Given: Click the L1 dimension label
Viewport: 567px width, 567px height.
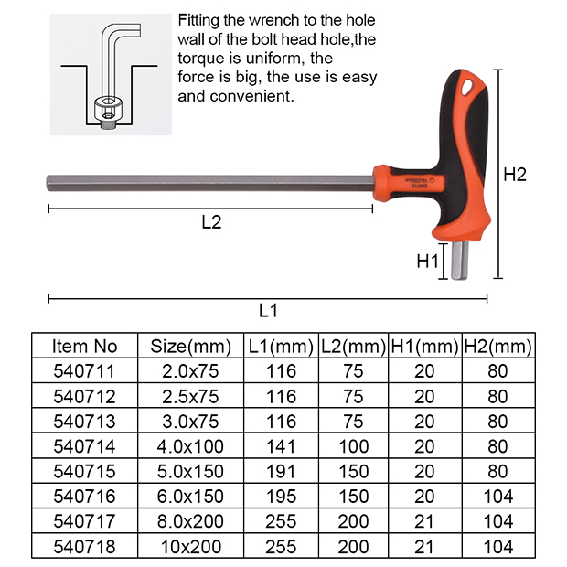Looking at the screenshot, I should [267, 310].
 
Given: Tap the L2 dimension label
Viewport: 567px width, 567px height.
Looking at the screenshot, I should [211, 221].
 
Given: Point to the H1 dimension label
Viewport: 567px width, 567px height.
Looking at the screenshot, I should [429, 262].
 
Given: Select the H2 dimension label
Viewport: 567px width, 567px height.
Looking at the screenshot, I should [516, 175].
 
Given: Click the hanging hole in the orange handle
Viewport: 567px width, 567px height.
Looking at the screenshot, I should [470, 88].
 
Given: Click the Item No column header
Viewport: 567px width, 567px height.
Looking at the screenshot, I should [85, 347].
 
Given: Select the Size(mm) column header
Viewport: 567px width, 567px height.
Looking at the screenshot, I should [190, 347].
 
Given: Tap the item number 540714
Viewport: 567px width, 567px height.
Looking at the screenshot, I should [85, 448].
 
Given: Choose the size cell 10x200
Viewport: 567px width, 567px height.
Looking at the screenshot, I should [190, 547].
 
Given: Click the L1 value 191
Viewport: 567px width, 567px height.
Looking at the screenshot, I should [281, 473].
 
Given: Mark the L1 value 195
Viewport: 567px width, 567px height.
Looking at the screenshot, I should [281, 497].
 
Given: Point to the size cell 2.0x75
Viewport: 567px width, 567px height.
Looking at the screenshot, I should [190, 371].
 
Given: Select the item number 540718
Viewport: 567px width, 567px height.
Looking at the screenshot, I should [85, 547].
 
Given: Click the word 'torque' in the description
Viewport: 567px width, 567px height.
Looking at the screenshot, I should [202, 58].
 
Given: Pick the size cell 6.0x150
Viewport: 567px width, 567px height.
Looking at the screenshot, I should [190, 497].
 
